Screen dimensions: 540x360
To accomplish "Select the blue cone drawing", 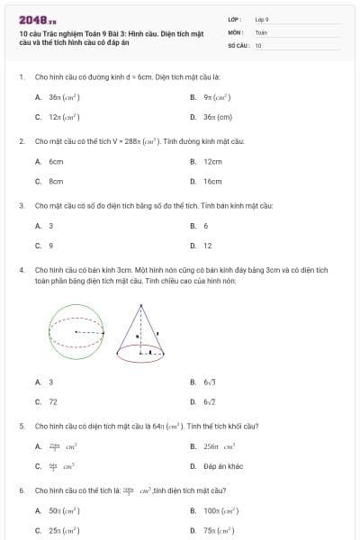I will coord(140,333).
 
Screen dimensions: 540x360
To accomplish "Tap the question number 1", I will coord(21,78).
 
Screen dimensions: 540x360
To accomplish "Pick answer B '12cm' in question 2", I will coord(212,162).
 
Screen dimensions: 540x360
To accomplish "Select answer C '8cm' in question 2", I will coord(55,181).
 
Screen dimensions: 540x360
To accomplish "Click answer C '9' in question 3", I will coord(50,246).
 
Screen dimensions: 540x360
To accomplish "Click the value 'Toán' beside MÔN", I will coord(261,31).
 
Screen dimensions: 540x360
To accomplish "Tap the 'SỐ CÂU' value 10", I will coord(258,44).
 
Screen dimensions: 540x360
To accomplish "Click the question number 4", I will coord(21,269).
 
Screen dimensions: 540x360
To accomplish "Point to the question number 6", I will coord(21,490).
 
